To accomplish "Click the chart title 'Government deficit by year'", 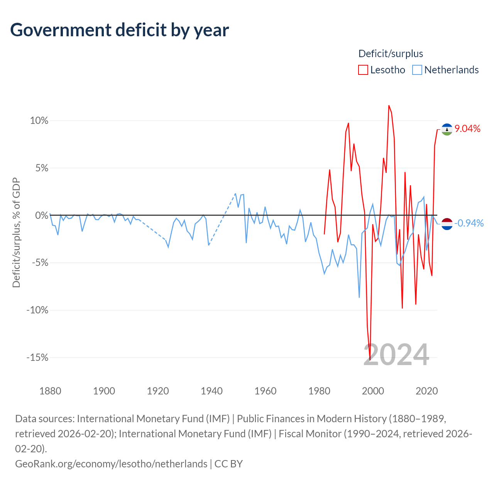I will tap(120, 30).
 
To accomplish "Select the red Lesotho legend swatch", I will tap(363, 70).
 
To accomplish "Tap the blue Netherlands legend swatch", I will tap(417, 70).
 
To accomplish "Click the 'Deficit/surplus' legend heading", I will tap(391, 54).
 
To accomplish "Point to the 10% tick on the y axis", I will tap(39, 121).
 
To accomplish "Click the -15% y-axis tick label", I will tap(37, 358).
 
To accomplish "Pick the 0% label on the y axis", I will tap(42, 215).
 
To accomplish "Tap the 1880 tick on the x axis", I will tap(50, 391).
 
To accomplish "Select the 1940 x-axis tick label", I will tap(211, 391).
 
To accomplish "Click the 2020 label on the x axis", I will tap(426, 391).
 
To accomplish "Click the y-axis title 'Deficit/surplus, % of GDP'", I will tap(16, 232).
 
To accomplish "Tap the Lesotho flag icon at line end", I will tap(447, 129).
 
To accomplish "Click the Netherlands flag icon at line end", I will tap(447, 223).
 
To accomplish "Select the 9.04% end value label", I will tap(467, 129).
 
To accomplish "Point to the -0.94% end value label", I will tap(469, 223).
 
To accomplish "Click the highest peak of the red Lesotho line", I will tap(389, 105).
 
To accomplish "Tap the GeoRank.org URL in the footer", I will tap(111, 464).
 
